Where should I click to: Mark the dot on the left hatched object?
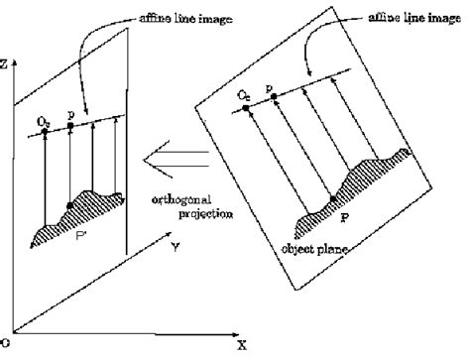(x=68, y=205)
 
